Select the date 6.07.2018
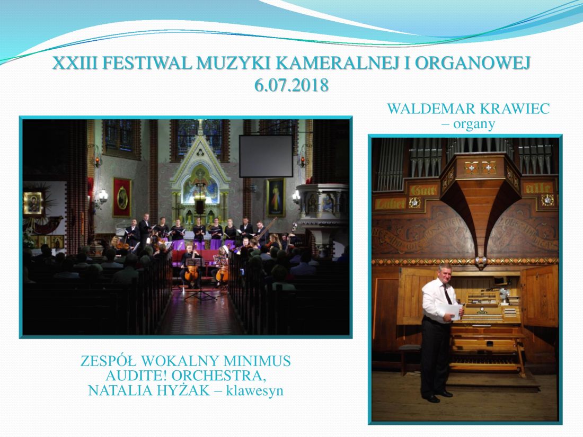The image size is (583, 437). [291, 85]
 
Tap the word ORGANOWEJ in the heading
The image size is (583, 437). [472, 64]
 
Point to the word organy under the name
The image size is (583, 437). [474, 124]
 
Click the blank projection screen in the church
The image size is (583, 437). [266, 156]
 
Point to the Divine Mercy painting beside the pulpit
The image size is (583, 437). [276, 198]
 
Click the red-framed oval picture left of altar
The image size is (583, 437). [122, 198]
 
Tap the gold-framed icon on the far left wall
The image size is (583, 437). [33, 203]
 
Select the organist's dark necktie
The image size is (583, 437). [447, 294]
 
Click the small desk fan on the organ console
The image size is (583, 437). [503, 293]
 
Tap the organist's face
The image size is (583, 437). [445, 274]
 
